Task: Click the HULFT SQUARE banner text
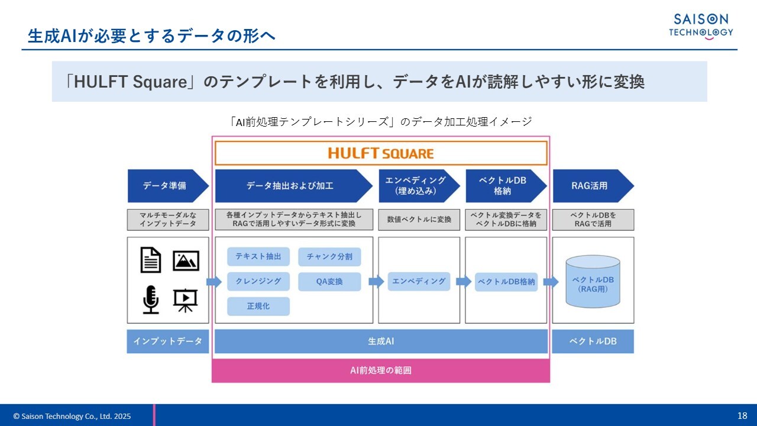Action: tap(381, 153)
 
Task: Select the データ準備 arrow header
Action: tap(166, 186)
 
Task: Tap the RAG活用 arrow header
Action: tap(590, 186)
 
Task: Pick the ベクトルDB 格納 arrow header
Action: tap(503, 186)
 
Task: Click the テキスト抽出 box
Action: tap(258, 256)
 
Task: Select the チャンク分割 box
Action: tap(329, 256)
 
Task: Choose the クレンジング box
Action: tap(258, 281)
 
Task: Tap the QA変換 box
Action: tap(329, 282)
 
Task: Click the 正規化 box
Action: tap(258, 306)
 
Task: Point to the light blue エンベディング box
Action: tap(419, 281)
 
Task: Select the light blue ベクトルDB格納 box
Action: tap(506, 282)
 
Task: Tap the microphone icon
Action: tap(151, 299)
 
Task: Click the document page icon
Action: tap(151, 260)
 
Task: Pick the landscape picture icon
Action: tap(186, 260)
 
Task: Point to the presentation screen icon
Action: tap(186, 300)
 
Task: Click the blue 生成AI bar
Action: tap(381, 341)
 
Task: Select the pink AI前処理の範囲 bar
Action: tap(381, 370)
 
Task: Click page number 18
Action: tap(742, 415)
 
